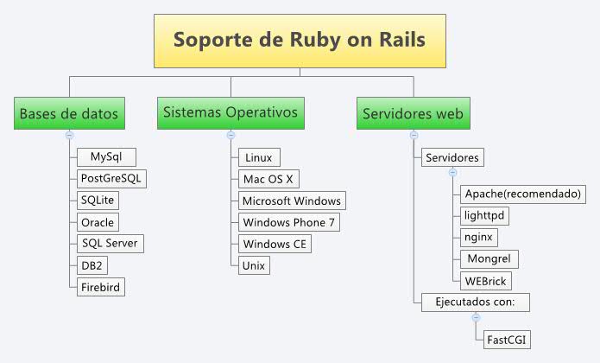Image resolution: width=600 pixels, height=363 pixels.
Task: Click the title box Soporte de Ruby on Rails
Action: pos(299,41)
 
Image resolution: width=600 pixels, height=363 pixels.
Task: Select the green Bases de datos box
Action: pos(69,114)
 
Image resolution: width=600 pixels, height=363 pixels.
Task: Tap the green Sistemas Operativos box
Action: pos(231,113)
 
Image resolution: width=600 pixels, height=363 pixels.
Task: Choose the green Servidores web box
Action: pos(414,114)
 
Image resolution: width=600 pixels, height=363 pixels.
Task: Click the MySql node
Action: pos(106,157)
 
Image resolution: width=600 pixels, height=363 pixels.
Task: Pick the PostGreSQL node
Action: pos(111,179)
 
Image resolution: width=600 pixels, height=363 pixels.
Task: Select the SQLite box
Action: pos(97,201)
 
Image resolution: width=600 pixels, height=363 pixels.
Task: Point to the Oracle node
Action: pos(97,222)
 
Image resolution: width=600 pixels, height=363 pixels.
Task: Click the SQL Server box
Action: pos(109,244)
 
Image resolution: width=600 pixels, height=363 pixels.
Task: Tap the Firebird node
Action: pos(102,287)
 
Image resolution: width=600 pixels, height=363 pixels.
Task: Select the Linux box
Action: pos(258,157)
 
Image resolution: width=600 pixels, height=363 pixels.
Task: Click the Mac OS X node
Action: pos(268,179)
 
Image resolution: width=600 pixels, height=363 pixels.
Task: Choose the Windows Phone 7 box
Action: pos(288,222)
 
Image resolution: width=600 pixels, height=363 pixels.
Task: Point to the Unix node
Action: pos(254,265)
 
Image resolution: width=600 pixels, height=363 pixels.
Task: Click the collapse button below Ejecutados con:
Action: pos(475,317)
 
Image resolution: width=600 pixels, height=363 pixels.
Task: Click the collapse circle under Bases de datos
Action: pos(69,135)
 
